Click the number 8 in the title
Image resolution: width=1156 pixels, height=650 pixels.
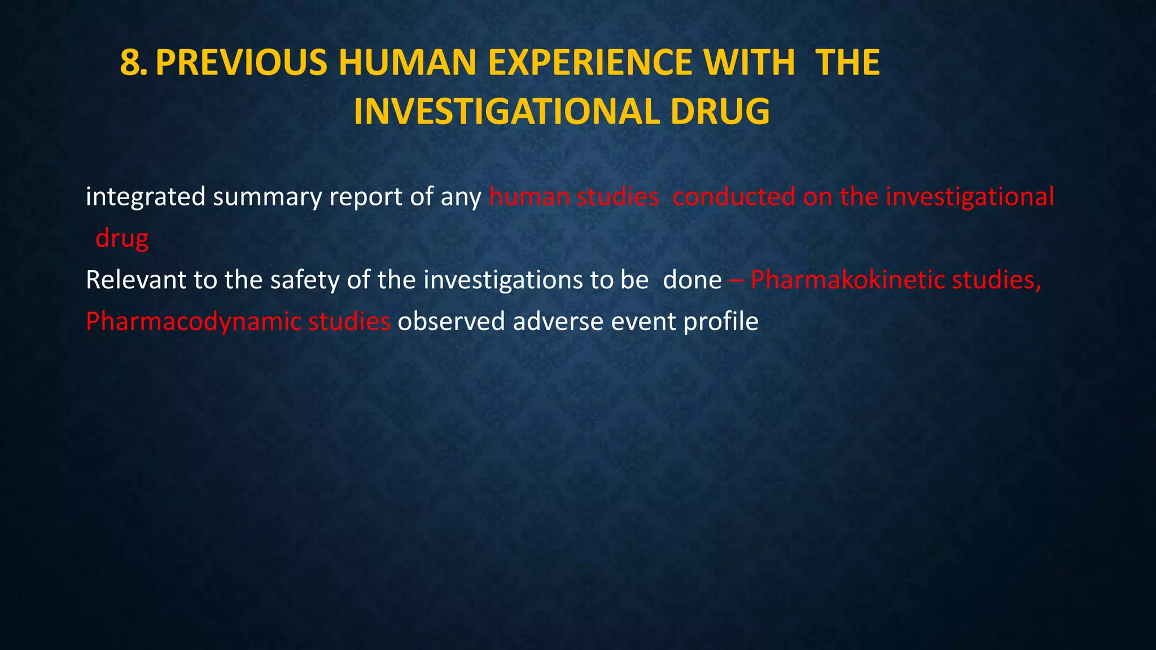coord(131,63)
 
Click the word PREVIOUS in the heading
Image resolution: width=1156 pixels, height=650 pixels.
coord(241,63)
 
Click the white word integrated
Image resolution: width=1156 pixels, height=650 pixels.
coord(145,197)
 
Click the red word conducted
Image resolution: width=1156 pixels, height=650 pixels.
coord(734,197)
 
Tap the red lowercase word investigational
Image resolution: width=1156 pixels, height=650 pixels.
coord(969,197)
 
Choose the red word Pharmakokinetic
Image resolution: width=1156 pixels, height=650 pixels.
coord(847,280)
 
